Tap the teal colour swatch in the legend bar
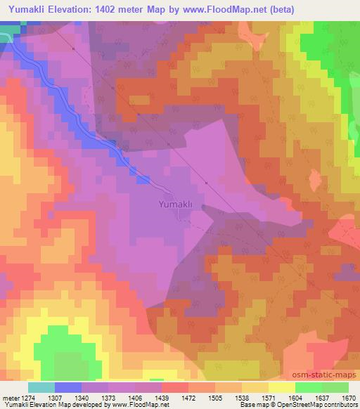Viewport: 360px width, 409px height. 41,387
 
